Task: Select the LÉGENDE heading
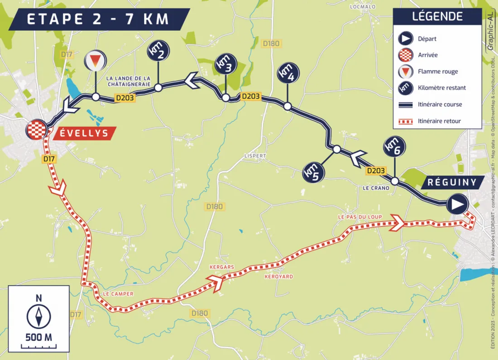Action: (437, 17)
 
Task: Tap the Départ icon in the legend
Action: (404, 39)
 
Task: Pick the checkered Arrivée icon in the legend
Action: (404, 55)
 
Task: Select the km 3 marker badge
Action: (225, 65)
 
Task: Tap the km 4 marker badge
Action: (287, 72)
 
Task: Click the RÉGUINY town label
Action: (451, 182)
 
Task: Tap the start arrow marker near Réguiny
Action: (457, 205)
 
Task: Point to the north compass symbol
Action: (39, 317)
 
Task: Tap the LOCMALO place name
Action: (363, 7)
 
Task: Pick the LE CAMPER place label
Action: (118, 293)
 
